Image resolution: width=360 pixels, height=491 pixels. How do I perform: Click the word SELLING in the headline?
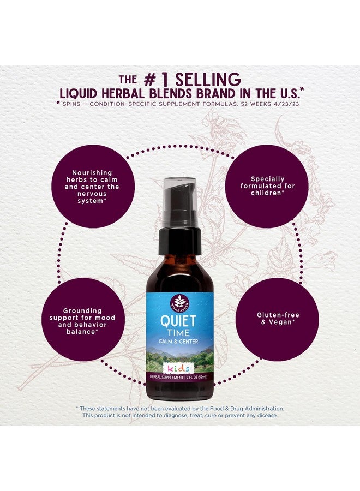(208, 80)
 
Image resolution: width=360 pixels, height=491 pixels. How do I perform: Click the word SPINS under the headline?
(71, 104)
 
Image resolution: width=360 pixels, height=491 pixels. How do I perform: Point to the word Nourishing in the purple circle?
(92, 172)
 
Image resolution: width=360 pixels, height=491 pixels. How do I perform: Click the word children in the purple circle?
(266, 193)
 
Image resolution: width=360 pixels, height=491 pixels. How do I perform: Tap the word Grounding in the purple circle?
(82, 310)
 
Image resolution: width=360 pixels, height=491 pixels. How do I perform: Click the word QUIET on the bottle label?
(178, 321)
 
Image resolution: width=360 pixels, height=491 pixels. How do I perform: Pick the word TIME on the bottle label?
(178, 333)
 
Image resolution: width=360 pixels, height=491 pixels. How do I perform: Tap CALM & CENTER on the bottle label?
(178, 342)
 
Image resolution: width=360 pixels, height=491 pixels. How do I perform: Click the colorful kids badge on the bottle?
(178, 368)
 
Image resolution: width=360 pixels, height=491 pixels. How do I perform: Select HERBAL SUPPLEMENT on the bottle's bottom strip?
(166, 378)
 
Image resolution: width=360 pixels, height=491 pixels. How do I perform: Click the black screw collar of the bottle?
(179, 241)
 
